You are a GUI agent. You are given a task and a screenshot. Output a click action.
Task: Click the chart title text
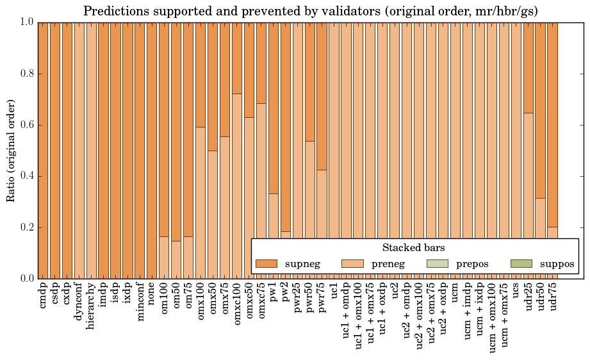tap(310, 11)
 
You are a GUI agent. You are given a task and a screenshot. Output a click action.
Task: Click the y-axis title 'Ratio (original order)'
tap(11, 150)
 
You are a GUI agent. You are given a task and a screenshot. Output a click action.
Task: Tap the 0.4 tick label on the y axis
tap(25, 176)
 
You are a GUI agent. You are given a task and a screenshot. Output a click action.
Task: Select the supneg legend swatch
tap(266, 263)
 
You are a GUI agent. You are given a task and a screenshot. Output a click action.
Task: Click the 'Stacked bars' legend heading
tap(414, 247)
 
